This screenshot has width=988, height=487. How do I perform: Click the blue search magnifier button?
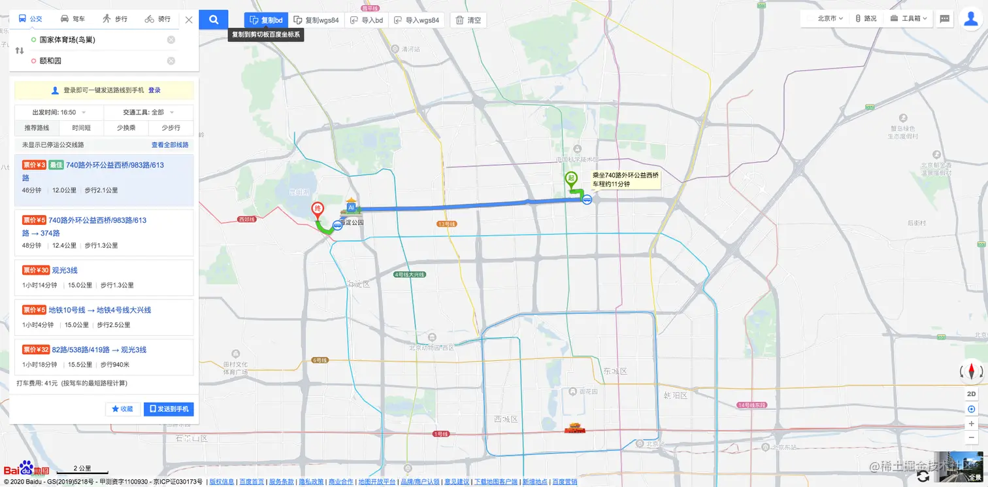[x=214, y=20]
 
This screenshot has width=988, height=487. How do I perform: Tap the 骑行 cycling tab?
[x=157, y=19]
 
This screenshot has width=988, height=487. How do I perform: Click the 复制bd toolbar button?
[x=266, y=20]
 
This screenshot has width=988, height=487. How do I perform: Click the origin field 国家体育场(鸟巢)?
[x=98, y=40]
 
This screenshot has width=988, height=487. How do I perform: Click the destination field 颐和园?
[x=98, y=61]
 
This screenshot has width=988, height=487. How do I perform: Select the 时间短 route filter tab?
[x=82, y=128]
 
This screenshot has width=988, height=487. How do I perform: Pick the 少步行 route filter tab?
[x=171, y=128]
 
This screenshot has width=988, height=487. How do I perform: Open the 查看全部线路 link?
[x=170, y=145]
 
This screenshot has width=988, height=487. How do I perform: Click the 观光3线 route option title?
[x=65, y=270]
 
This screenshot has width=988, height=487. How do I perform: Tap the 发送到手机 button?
[x=169, y=409]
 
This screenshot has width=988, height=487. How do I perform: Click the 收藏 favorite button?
[x=123, y=409]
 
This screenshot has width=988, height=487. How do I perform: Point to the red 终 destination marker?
[x=317, y=210]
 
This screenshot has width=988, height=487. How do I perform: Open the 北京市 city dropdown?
[x=830, y=19]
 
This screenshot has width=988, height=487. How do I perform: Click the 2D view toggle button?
[x=971, y=394]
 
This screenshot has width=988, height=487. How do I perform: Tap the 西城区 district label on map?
[x=506, y=419]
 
